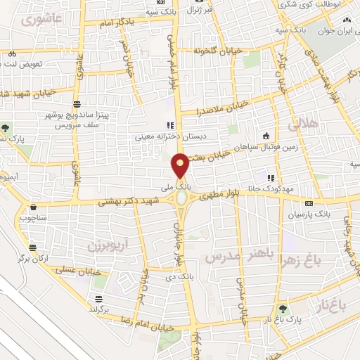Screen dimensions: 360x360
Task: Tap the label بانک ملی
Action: point(176,188)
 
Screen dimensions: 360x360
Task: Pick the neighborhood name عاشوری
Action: point(37,19)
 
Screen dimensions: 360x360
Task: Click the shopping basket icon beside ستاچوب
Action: point(33,207)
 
